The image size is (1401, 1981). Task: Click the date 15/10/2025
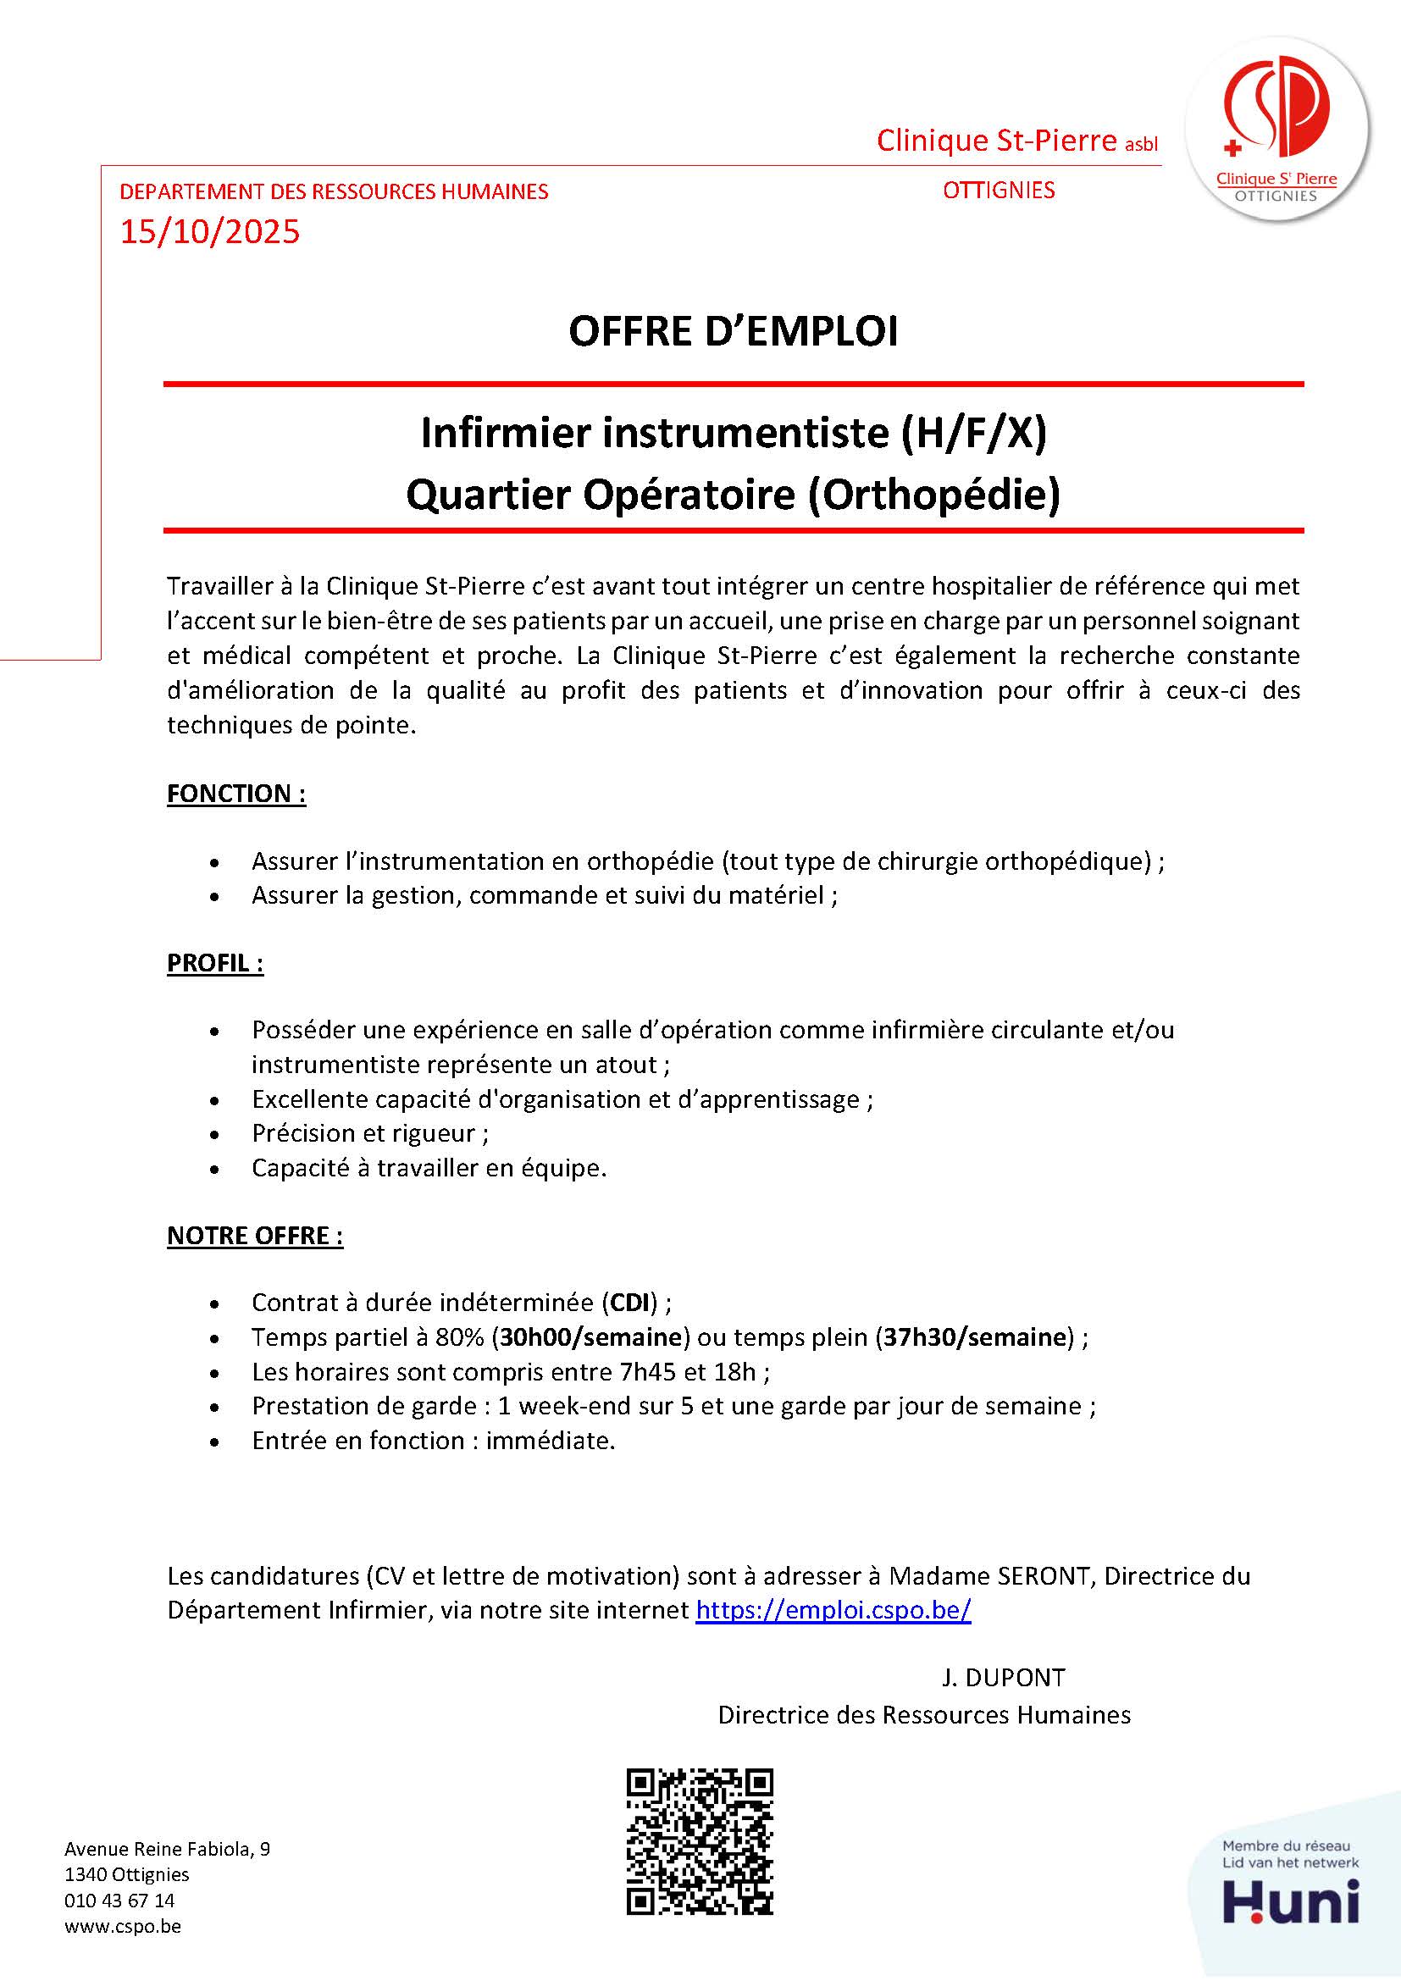[209, 232]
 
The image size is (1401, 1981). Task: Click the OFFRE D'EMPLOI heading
[734, 332]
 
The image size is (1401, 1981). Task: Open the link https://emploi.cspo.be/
[833, 1610]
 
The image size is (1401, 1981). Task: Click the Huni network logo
[1291, 1900]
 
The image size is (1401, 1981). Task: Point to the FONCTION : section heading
[236, 793]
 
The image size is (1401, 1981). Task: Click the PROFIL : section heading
[215, 963]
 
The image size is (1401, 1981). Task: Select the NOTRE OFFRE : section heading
[254, 1236]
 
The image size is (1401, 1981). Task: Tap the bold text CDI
[629, 1302]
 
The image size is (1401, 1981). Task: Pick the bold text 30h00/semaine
[591, 1337]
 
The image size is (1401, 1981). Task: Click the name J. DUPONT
[1003, 1677]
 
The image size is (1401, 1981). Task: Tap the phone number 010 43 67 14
[119, 1901]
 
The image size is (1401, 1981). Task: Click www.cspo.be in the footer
[123, 1927]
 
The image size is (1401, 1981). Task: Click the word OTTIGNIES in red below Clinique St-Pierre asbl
[998, 190]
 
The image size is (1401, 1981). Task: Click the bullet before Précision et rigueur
[214, 1135]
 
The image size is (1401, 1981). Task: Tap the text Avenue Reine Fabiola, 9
[167, 1849]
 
